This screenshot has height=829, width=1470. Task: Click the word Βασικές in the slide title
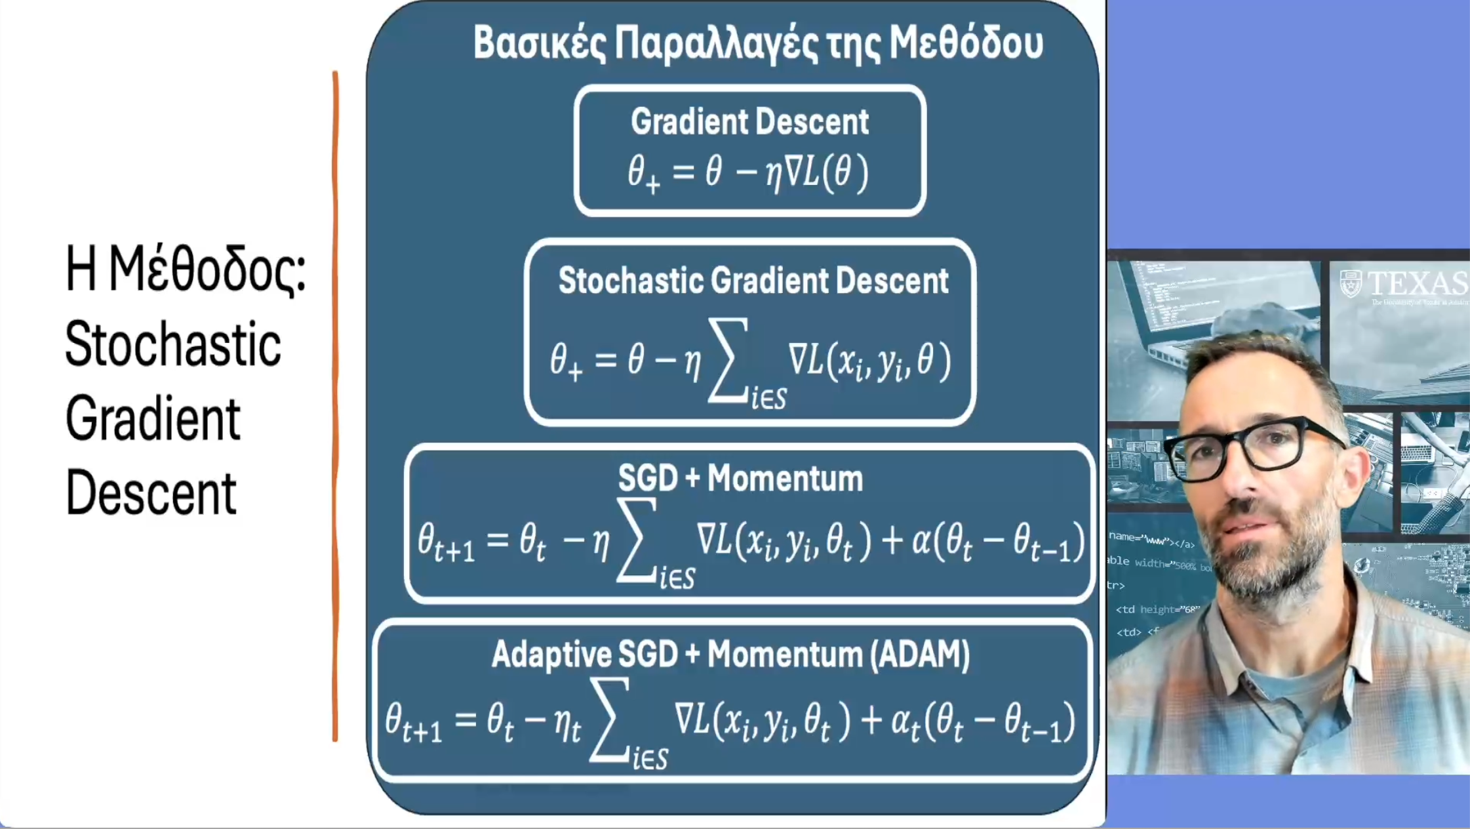(539, 43)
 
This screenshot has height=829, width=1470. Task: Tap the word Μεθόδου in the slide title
(965, 43)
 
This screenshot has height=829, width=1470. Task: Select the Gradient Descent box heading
(749, 122)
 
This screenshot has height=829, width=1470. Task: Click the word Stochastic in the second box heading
(630, 281)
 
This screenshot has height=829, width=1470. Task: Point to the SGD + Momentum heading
(740, 478)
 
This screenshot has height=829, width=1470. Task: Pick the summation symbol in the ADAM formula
(610, 719)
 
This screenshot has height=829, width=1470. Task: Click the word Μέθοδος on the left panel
(207, 269)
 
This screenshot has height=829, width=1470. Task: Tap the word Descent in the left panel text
(151, 493)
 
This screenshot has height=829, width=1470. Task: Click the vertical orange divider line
(336, 407)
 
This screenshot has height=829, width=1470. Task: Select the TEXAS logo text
(1416, 283)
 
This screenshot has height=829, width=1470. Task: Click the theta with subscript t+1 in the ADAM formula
(413, 722)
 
